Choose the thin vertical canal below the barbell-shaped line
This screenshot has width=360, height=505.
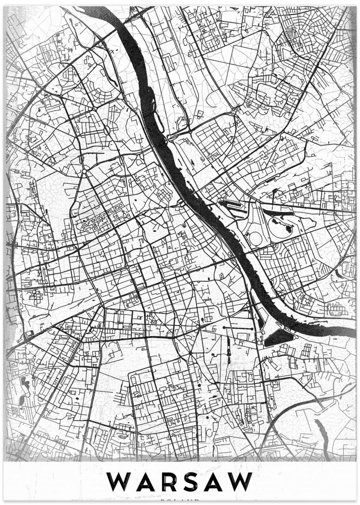point(228,348)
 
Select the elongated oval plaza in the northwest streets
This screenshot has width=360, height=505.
point(107,130)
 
